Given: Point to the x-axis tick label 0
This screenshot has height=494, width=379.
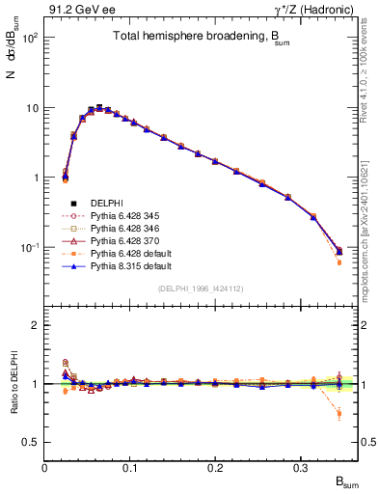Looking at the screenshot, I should pos(44,468).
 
